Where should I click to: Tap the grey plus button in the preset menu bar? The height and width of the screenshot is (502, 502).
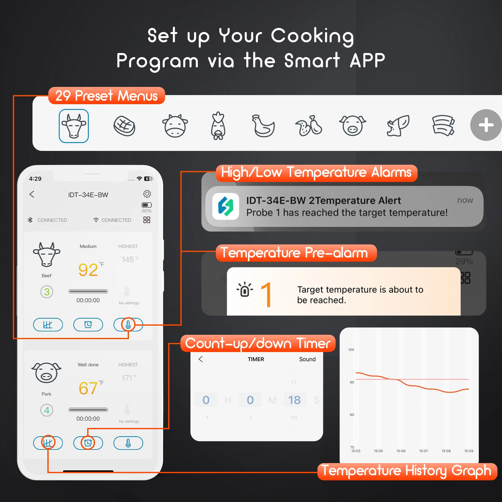pyautogui.click(x=486, y=125)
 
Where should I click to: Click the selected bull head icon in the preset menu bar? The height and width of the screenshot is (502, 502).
pyautogui.click(x=74, y=126)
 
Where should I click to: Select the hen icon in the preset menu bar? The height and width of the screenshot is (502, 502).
pyautogui.click(x=263, y=126)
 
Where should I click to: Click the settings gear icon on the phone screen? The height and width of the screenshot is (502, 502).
pyautogui.click(x=147, y=194)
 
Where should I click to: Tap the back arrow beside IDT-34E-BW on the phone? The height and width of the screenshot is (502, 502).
pyautogui.click(x=32, y=194)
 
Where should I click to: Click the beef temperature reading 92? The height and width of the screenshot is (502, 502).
pyautogui.click(x=88, y=270)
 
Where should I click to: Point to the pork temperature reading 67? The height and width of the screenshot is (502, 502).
pyautogui.click(x=88, y=388)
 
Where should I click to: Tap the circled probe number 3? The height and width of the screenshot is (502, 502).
pyautogui.click(x=47, y=292)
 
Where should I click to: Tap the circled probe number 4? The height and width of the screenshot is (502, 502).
pyautogui.click(x=47, y=410)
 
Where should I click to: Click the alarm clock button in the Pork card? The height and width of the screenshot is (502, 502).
pyautogui.click(x=88, y=443)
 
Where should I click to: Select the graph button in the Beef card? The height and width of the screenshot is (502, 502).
pyautogui.click(x=48, y=325)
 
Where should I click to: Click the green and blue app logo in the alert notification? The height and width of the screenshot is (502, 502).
pyautogui.click(x=226, y=206)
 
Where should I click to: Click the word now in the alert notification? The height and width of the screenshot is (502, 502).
pyautogui.click(x=465, y=200)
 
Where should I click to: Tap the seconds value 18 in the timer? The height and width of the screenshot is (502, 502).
pyautogui.click(x=294, y=400)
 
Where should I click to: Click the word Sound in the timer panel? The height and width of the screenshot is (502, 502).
pyautogui.click(x=307, y=359)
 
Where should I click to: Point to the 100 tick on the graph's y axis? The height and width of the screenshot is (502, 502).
pyautogui.click(x=351, y=350)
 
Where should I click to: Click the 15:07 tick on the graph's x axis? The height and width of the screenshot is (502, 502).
pyautogui.click(x=424, y=451)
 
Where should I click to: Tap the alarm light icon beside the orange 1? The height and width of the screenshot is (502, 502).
pyautogui.click(x=245, y=290)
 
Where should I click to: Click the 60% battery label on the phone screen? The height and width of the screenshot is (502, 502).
pyautogui.click(x=147, y=211)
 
